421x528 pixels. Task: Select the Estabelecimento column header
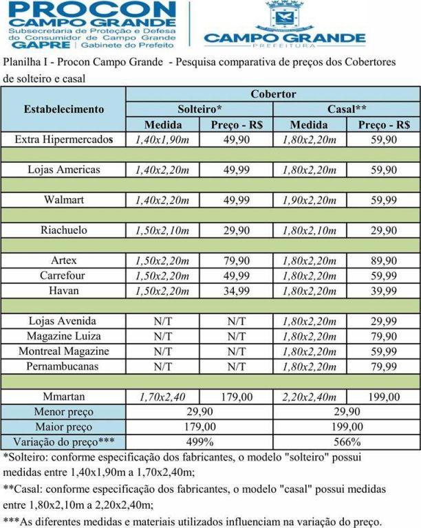(x=64, y=109)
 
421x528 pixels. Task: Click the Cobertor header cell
(x=273, y=93)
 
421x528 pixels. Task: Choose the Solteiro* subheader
(x=199, y=109)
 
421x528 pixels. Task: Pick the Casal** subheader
(x=346, y=109)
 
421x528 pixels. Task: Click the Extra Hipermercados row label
(x=64, y=140)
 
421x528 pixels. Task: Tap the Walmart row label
(x=64, y=200)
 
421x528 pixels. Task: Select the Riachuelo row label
(x=64, y=230)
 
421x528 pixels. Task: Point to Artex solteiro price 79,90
(x=237, y=261)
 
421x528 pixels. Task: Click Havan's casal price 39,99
(x=384, y=291)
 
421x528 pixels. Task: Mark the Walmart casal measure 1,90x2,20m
(x=309, y=200)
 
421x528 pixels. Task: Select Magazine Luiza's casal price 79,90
(x=384, y=336)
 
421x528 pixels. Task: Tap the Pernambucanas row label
(x=64, y=366)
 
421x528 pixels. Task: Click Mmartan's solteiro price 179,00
(x=237, y=397)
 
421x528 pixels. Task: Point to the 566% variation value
(x=346, y=442)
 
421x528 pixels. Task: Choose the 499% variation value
(x=199, y=442)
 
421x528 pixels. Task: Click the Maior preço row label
(x=64, y=427)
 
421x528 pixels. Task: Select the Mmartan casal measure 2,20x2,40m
(x=309, y=397)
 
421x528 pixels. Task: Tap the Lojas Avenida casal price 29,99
(x=384, y=321)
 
